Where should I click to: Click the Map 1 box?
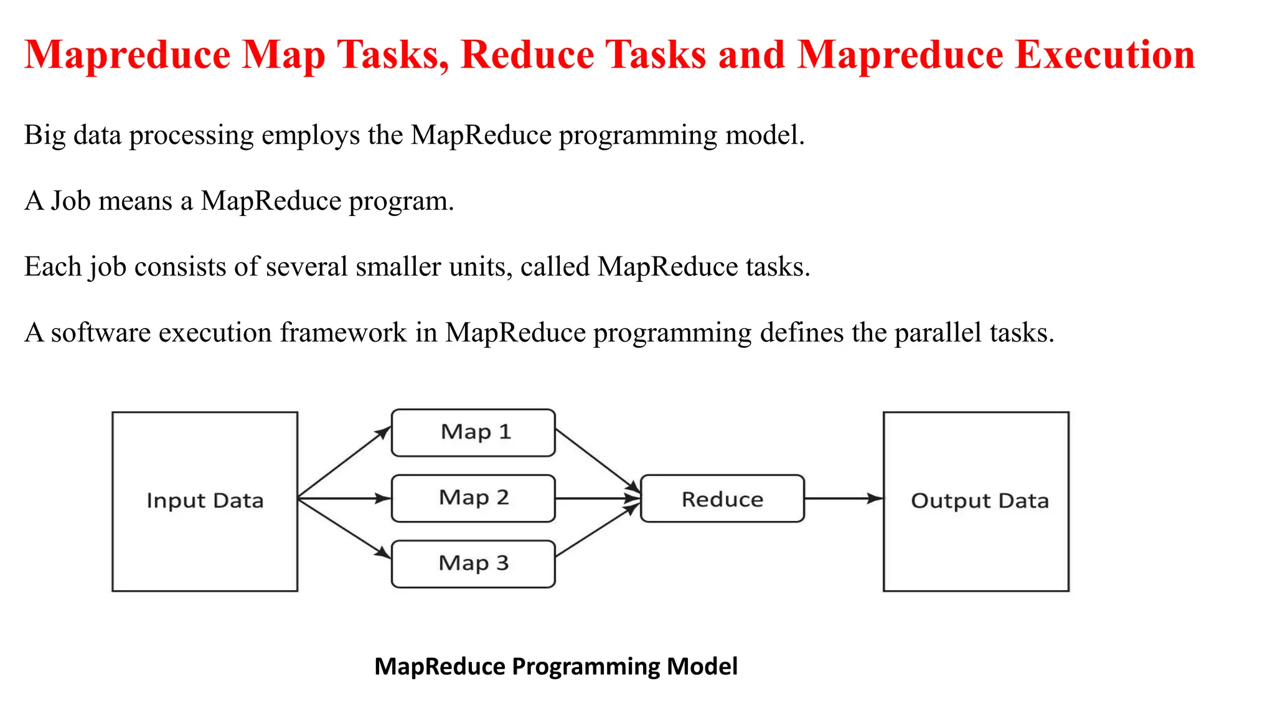coord(473,433)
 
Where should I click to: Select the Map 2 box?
coord(473,498)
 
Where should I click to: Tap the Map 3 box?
coord(473,563)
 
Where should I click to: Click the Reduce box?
coord(722,499)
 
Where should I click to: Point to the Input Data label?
coord(205,500)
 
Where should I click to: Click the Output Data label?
coord(979,500)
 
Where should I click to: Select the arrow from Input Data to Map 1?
coord(344,462)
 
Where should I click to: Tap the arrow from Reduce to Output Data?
coord(843,498)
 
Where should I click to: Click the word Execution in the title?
coord(1105,55)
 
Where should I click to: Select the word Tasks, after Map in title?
coord(393,55)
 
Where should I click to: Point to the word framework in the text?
coord(343,332)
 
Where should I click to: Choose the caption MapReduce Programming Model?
coord(556,666)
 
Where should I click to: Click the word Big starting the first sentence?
coord(44,135)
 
